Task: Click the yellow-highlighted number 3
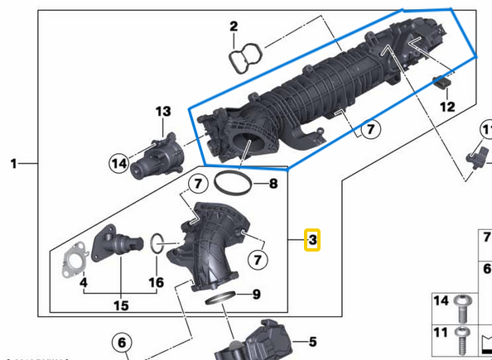[x=312, y=240]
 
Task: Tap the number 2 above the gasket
[x=234, y=26]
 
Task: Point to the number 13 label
[x=162, y=111]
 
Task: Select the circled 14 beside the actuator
[x=119, y=164]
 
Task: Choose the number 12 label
[x=447, y=108]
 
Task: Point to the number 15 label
[x=121, y=305]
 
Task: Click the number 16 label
[x=156, y=282]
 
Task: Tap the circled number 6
[x=121, y=342]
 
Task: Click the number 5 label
[x=312, y=341]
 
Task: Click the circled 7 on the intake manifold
[x=369, y=129]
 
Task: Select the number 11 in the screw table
[x=441, y=333]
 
